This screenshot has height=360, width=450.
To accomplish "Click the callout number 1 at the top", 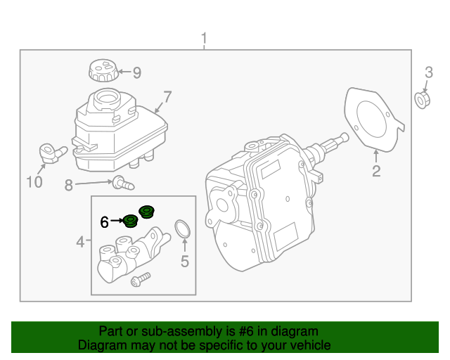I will pyautogui.click(x=205, y=37).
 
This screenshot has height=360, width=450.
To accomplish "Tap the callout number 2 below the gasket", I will pyautogui.click(x=376, y=171).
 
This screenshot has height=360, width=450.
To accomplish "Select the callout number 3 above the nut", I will pyautogui.click(x=427, y=72).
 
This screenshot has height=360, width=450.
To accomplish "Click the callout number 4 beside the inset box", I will pyautogui.click(x=80, y=243).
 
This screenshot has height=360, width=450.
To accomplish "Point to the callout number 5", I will pyautogui.click(x=185, y=262).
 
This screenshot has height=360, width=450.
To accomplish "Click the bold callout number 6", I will pyautogui.click(x=104, y=222).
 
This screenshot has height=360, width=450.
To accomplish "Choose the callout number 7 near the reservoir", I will pyautogui.click(x=167, y=96).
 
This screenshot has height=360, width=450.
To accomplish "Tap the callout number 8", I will pyautogui.click(x=69, y=186).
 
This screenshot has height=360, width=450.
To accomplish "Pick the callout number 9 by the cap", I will pyautogui.click(x=136, y=72).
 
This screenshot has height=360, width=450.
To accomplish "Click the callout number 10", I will pyautogui.click(x=34, y=183).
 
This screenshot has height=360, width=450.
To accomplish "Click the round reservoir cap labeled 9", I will pyautogui.click(x=101, y=71).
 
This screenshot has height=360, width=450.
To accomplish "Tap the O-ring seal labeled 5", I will pyautogui.click(x=183, y=229).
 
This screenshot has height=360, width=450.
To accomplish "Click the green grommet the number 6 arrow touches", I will pyautogui.click(x=130, y=222).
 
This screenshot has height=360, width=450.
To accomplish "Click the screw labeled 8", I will pyautogui.click(x=124, y=184).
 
